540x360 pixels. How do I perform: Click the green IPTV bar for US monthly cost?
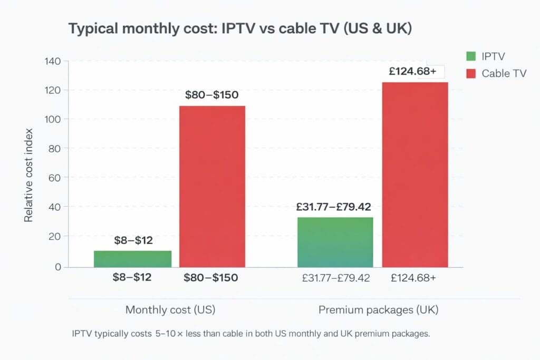pos(133,259)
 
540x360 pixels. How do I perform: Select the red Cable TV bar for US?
pos(212,187)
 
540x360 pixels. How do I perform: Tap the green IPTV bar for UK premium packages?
pos(335,242)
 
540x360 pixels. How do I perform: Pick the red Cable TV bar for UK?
pos(414,174)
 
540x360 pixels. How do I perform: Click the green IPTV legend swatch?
pos(471,56)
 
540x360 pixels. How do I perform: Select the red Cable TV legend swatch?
pos(471,73)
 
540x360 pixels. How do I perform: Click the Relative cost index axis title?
pos(28,174)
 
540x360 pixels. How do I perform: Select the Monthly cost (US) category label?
pos(170,310)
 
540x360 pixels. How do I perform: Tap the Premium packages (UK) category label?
pos(378,310)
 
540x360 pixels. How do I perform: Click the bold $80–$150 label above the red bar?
pos(212,95)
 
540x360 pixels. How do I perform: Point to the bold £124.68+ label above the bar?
pos(412,71)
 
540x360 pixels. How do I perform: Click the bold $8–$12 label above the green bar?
pos(133,241)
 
